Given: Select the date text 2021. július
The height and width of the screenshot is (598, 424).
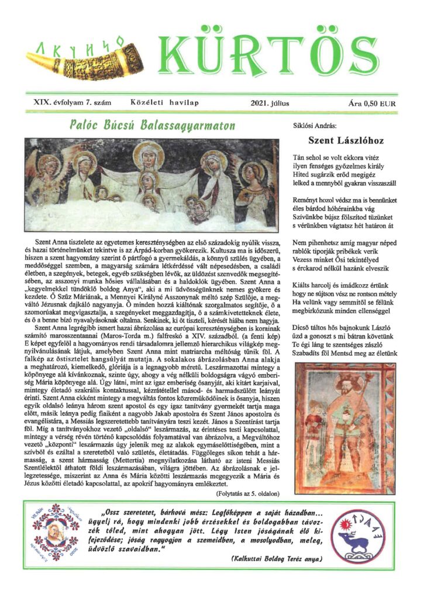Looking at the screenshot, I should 270,103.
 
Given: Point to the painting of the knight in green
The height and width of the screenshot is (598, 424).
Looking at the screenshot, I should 340,427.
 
